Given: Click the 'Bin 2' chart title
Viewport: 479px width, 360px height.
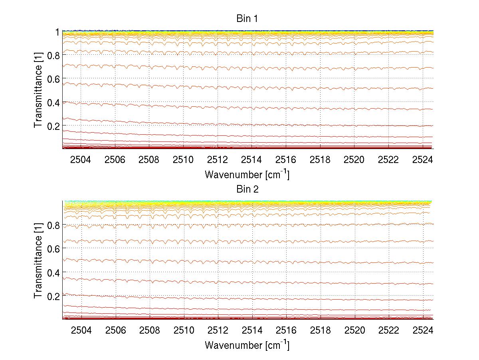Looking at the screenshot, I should [x=247, y=189].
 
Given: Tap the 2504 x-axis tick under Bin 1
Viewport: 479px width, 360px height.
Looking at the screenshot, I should [x=81, y=160].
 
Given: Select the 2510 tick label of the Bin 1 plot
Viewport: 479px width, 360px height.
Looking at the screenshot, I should [x=183, y=160].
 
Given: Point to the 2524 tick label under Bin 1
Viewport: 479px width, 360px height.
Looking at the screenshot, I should [x=423, y=160].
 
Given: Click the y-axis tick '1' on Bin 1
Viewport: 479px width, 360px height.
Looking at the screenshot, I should [x=57, y=32].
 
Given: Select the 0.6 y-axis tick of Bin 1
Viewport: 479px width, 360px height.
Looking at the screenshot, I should [x=53, y=79].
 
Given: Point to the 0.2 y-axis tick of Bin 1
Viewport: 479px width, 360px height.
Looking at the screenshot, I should [x=53, y=126].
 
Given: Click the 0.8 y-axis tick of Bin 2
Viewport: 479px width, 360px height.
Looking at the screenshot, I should [x=53, y=225].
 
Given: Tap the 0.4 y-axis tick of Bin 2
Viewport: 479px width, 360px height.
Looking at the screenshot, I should [x=53, y=272].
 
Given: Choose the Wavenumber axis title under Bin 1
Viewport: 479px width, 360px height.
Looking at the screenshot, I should [x=247, y=175].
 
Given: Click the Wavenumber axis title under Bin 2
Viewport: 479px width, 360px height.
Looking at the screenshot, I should [x=247, y=345].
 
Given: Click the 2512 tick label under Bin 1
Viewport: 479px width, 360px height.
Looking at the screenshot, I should [x=218, y=160].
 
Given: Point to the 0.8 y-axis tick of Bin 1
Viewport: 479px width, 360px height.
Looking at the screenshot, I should [x=53, y=55].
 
